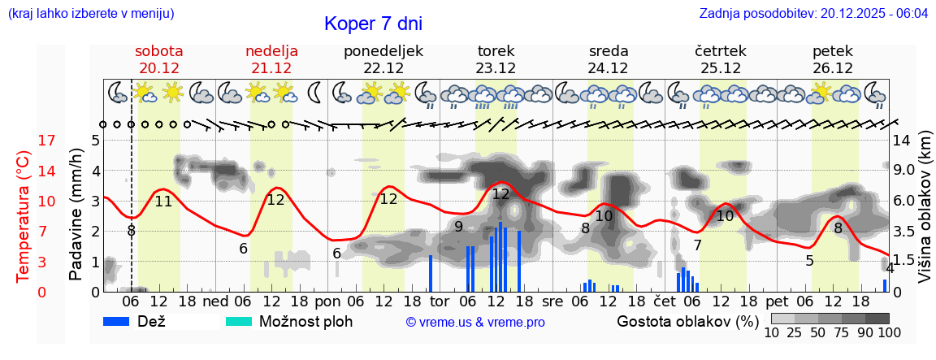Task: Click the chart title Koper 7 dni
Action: pyautogui.click(x=373, y=24)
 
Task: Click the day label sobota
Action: pyautogui.click(x=158, y=51)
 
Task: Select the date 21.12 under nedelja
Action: pyautogui.click(x=271, y=68)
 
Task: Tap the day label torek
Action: pyautogui.click(x=496, y=51)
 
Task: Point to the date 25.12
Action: pyautogui.click(x=721, y=68)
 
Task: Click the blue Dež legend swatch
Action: pyautogui.click(x=121, y=321)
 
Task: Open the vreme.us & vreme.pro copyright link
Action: pyautogui.click(x=475, y=322)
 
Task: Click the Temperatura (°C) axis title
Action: pyautogui.click(x=24, y=216)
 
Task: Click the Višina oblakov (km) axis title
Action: pyautogui.click(x=925, y=216)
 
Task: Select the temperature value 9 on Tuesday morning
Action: pyautogui.click(x=458, y=226)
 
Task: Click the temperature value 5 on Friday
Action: pyautogui.click(x=809, y=261)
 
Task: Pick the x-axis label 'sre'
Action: pyautogui.click(x=552, y=300)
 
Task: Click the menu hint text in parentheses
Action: pyautogui.click(x=91, y=14)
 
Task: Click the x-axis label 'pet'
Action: pyautogui.click(x=777, y=300)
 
